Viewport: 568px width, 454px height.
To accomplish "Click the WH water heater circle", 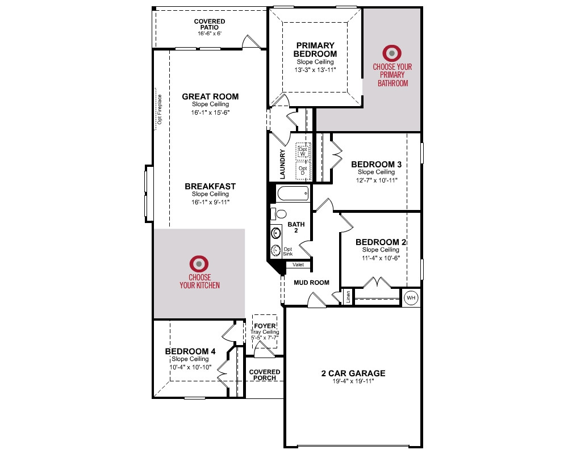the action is click(x=411, y=298).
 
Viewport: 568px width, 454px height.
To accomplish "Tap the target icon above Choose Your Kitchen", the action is click(x=199, y=264).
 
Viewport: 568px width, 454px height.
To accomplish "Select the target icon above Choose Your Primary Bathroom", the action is click(x=391, y=53).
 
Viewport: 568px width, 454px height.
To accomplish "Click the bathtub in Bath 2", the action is click(x=293, y=194).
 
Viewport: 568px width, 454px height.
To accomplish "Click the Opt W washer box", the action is click(x=303, y=152).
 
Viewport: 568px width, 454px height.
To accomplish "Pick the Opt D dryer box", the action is click(x=303, y=171).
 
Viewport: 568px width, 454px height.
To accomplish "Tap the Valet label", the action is click(x=298, y=264).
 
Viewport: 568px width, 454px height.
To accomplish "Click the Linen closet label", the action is click(x=348, y=297).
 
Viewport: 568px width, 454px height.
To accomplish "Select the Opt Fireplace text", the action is click(x=160, y=110).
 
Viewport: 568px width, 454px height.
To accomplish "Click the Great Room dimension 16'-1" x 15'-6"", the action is click(x=211, y=112).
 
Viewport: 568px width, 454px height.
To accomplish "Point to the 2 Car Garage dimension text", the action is click(x=353, y=381).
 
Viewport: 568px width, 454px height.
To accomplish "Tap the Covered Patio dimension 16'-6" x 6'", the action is click(x=210, y=33).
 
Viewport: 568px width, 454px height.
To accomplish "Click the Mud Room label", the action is click(x=311, y=283).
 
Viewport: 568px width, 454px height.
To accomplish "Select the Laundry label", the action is click(x=282, y=164).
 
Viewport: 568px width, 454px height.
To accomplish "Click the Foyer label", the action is click(x=265, y=326).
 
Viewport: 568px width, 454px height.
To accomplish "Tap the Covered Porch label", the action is click(x=265, y=375).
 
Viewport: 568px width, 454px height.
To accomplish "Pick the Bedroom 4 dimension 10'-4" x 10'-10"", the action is click(x=190, y=367).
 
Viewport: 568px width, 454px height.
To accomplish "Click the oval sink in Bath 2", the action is click(x=277, y=233).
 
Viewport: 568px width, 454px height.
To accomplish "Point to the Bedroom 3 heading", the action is click(x=377, y=165).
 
